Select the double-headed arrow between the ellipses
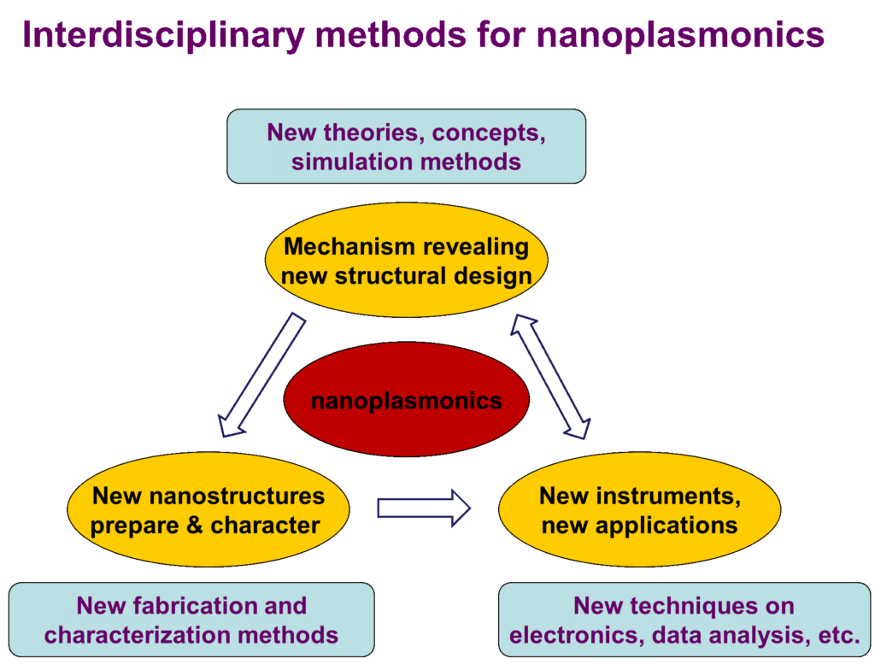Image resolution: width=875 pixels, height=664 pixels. point(551,376)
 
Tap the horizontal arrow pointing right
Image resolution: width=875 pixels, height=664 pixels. point(424,508)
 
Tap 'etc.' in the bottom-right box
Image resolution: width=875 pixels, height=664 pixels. point(837,635)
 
